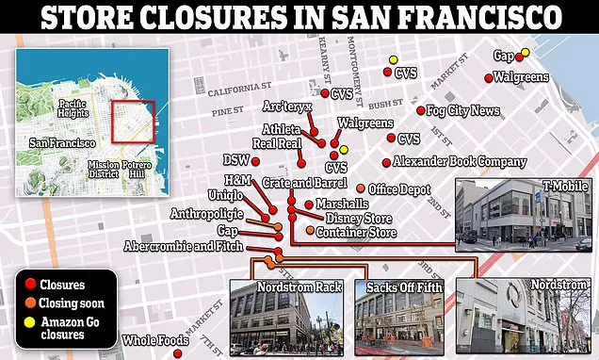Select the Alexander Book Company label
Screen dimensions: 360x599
[x=459, y=161]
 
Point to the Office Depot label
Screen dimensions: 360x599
[x=399, y=189]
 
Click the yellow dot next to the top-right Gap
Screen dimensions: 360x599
[x=526, y=54]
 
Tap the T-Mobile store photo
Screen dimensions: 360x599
[x=525, y=215]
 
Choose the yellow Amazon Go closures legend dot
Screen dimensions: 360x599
[x=31, y=322]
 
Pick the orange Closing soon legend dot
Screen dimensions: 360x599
[x=31, y=303]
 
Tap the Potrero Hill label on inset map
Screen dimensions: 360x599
[x=138, y=168]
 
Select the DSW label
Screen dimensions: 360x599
[x=236, y=160]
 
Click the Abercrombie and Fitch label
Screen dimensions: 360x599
[x=182, y=247]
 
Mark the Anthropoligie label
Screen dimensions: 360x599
[x=206, y=214]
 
